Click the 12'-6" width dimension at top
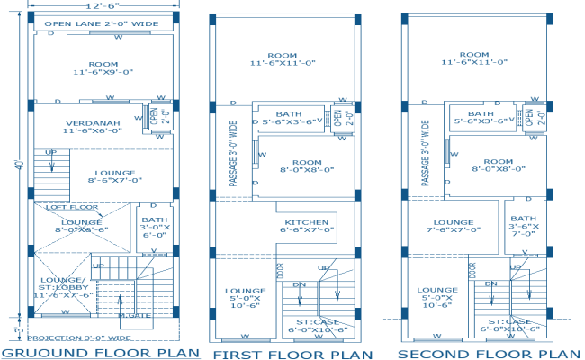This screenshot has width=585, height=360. click(101, 7)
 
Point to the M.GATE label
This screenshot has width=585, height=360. click(134, 314)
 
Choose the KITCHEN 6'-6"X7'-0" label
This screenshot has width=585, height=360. click(307, 225)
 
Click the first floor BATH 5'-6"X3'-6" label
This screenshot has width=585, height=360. click(289, 118)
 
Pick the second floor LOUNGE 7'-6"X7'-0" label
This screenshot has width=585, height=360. click(453, 225)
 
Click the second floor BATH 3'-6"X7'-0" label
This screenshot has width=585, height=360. click(522, 225)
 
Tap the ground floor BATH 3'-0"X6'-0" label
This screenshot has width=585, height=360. click(150, 226)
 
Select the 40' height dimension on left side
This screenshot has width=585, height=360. click(17, 166)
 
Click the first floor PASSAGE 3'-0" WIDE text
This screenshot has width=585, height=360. click(234, 155)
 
